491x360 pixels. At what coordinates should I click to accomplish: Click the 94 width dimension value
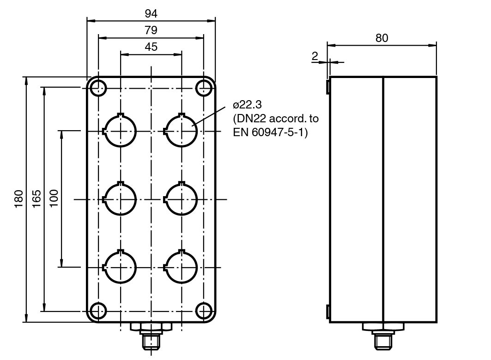tap(151, 13)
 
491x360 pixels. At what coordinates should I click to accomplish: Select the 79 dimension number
tap(151, 30)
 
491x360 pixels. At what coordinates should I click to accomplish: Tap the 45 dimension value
tap(151, 47)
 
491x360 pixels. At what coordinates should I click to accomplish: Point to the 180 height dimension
tap(19, 199)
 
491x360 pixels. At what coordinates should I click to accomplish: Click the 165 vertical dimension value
tap(36, 199)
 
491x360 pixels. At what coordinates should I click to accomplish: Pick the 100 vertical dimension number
tap(54, 199)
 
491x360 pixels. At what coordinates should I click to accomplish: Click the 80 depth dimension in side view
tap(382, 38)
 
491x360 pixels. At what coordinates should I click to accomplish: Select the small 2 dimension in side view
tap(315, 56)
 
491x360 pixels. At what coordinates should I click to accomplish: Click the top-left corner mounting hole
tap(98, 87)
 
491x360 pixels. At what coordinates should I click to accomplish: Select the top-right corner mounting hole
tap(204, 87)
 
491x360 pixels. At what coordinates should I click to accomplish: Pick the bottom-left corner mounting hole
tap(98, 311)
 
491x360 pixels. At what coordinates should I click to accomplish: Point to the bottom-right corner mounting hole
tap(204, 311)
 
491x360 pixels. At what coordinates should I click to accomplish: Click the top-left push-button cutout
tap(120, 131)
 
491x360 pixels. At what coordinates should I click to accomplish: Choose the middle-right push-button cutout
tap(182, 199)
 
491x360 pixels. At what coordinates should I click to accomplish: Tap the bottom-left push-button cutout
tap(120, 267)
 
